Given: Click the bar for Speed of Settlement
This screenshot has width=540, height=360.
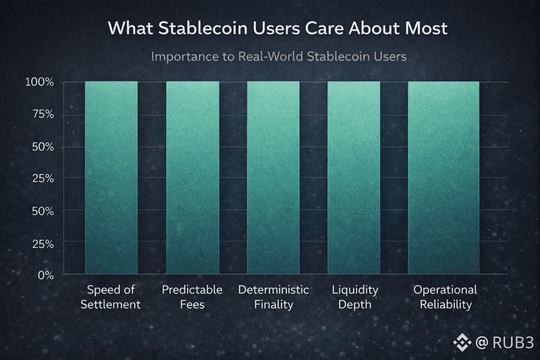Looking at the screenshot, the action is point(111,178).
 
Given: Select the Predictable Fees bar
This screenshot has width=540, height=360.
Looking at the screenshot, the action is point(192,178).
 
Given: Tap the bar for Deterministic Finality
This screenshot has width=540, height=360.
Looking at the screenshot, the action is point(273,178).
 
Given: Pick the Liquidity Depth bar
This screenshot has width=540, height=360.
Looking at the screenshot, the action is point(354,178).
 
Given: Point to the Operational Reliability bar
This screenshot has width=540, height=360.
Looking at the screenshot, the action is point(443,178).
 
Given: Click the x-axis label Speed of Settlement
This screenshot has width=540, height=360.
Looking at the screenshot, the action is point(111,297).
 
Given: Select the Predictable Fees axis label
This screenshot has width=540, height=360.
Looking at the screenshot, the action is point(192,297).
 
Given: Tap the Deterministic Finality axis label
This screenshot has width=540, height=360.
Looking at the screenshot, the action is point(273,297).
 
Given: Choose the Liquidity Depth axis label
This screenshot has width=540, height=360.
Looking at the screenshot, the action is point(355,297).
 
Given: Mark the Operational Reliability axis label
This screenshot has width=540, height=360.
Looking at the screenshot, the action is point(446,297).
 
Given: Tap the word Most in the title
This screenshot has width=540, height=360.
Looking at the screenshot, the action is point(426,28).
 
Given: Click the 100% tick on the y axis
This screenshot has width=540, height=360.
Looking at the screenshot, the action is point(40,82).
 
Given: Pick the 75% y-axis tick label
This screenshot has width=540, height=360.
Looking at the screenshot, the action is point(43,114).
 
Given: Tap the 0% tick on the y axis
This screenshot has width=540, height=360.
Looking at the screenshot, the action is point(46,276).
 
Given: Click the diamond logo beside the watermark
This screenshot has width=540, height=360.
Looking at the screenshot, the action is point(462,342).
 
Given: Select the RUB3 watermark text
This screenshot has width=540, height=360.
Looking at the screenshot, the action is point(513,342).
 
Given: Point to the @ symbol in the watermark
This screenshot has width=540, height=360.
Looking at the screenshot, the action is point(482,342).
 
